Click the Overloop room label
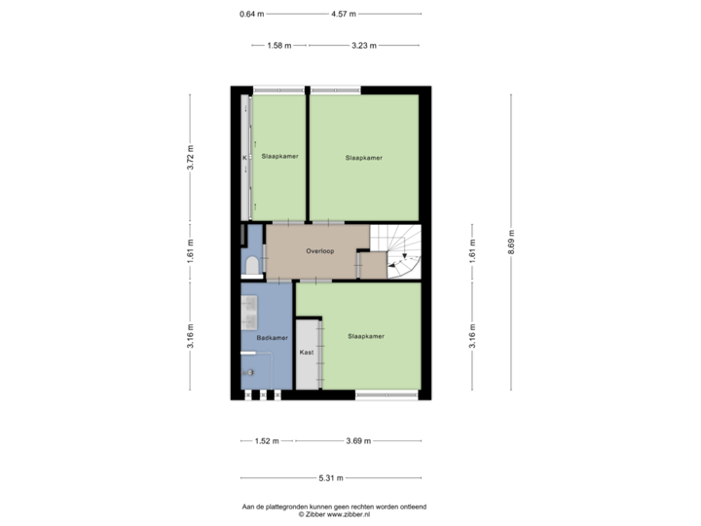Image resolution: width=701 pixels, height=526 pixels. click(319, 251)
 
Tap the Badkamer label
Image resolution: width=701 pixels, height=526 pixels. click(272, 338)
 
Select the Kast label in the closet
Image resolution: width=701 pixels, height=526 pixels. click(307, 353)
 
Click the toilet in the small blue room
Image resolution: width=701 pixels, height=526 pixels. click(252, 265)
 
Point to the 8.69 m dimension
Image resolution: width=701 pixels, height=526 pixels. click(511, 242)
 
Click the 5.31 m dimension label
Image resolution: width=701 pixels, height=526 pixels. click(331, 478)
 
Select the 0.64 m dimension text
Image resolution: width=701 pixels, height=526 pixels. click(252, 14)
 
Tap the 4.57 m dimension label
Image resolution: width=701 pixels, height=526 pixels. click(344, 14)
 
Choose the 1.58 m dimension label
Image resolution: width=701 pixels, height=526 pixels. click(279, 45)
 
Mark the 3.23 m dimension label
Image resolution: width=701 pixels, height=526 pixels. click(364, 45)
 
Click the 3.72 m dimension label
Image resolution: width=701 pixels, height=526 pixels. click(190, 158)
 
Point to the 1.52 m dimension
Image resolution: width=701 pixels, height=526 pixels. click(267, 441)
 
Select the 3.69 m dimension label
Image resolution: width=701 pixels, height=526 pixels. click(358, 441)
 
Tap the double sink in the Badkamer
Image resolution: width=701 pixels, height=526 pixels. click(249, 313)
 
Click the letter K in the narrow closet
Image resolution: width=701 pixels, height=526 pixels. click(244, 158)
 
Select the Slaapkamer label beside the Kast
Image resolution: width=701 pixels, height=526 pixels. click(366, 336)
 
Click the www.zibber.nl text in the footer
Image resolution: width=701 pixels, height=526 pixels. click(349, 514)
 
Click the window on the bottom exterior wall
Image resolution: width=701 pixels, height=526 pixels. click(387, 394)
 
